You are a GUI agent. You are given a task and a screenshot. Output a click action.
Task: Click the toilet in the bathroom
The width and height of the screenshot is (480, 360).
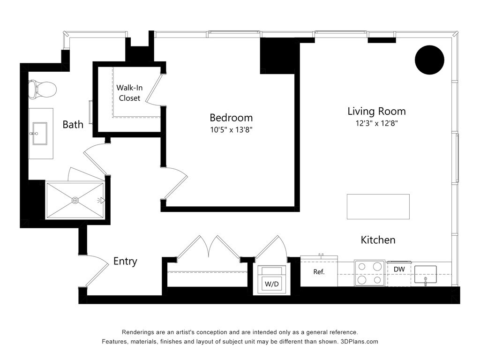pyautogui.click(x=43, y=89)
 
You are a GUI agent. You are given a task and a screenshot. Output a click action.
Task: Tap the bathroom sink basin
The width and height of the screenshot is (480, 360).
pyautogui.click(x=40, y=133)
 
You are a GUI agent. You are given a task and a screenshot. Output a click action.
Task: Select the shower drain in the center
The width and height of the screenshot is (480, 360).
pyautogui.click(x=75, y=200)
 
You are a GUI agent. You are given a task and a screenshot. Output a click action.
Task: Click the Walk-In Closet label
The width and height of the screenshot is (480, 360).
pyautogui.click(x=129, y=93)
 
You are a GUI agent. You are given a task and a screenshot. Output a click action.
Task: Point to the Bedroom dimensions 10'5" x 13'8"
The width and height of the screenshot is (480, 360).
pyautogui.click(x=231, y=130)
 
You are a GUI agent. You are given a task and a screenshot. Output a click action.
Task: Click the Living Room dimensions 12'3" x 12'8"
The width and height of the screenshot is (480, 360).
pyautogui.click(x=376, y=123)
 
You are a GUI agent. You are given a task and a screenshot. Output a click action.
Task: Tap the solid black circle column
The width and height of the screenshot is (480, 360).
pyautogui.click(x=429, y=60)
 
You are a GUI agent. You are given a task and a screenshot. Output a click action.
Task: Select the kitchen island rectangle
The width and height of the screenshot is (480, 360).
pyautogui.click(x=378, y=207)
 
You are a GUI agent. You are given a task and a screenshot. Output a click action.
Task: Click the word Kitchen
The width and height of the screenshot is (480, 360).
pyautogui.click(x=378, y=240)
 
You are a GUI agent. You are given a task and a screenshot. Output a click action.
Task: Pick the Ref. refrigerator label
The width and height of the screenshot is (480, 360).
pyautogui.click(x=319, y=272)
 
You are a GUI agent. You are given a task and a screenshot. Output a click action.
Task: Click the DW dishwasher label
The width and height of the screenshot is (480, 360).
pyautogui.click(x=399, y=270)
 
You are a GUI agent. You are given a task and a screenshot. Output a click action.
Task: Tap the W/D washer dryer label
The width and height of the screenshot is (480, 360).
pyautogui.click(x=272, y=284)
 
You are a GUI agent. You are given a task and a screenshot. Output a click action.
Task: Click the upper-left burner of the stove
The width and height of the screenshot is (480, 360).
pyautogui.click(x=362, y=267)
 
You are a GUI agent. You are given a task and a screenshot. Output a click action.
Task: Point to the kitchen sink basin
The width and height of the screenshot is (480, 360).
pyautogui.click(x=426, y=274)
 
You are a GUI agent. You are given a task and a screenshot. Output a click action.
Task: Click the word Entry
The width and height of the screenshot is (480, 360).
pyautogui.click(x=125, y=262)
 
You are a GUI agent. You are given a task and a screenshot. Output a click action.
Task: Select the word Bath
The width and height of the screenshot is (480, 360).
pyautogui.click(x=73, y=125)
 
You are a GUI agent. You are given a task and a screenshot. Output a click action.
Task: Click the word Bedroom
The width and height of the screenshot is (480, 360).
pyautogui.click(x=231, y=118)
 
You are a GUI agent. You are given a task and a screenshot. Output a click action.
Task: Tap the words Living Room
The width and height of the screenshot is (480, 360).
pyautogui.click(x=376, y=111)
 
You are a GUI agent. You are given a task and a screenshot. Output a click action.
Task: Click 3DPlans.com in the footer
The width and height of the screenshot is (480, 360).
pyautogui.click(x=359, y=342)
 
